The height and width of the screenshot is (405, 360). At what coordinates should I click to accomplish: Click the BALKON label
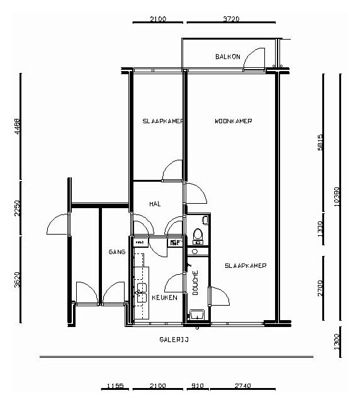click(x=227, y=57)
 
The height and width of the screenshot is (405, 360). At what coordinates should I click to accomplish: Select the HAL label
click(x=155, y=204)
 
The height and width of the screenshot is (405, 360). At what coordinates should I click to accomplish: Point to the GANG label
click(x=116, y=251)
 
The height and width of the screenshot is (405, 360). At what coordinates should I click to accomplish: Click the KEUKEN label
click(x=164, y=297)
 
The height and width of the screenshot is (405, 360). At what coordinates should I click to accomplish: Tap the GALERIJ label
click(x=174, y=340)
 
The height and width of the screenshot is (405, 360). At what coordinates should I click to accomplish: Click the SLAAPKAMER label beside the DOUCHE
click(x=245, y=265)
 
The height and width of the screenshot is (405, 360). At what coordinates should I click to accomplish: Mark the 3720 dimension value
click(x=231, y=19)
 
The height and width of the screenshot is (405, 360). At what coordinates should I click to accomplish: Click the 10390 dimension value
click(x=338, y=196)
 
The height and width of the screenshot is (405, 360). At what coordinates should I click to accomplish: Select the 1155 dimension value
click(x=114, y=386)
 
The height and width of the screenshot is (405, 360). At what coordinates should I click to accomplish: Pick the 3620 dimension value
click(x=18, y=280)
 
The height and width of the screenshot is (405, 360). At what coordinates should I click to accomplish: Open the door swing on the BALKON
click(x=255, y=58)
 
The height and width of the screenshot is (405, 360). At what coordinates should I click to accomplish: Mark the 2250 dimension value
click(x=18, y=208)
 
